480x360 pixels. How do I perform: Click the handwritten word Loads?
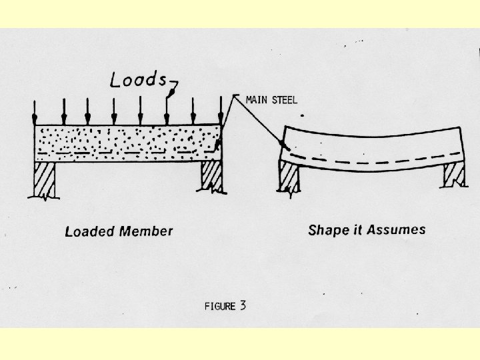point(138,80)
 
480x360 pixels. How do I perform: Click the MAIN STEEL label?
point(271,101)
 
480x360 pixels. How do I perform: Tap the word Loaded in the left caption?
point(90,232)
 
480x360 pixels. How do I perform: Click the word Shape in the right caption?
point(327,231)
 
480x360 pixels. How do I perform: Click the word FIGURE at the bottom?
point(220,307)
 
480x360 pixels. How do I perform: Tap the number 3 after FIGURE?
point(243,306)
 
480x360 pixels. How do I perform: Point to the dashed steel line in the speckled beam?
point(127,152)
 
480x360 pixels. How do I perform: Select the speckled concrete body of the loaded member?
point(127,140)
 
